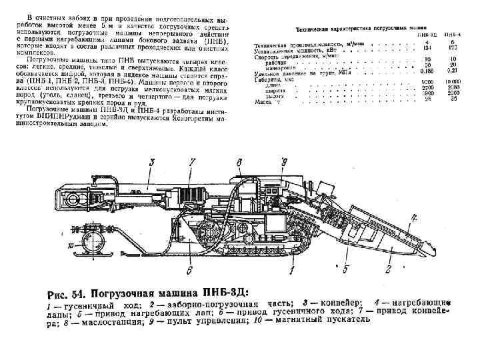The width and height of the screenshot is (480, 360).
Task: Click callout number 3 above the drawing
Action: pos(152,162)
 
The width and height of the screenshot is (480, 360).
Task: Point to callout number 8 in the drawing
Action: pos(239,162)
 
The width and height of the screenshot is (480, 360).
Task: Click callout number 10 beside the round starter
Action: pos(71,245)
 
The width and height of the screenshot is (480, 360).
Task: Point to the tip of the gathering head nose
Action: pos(435,248)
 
